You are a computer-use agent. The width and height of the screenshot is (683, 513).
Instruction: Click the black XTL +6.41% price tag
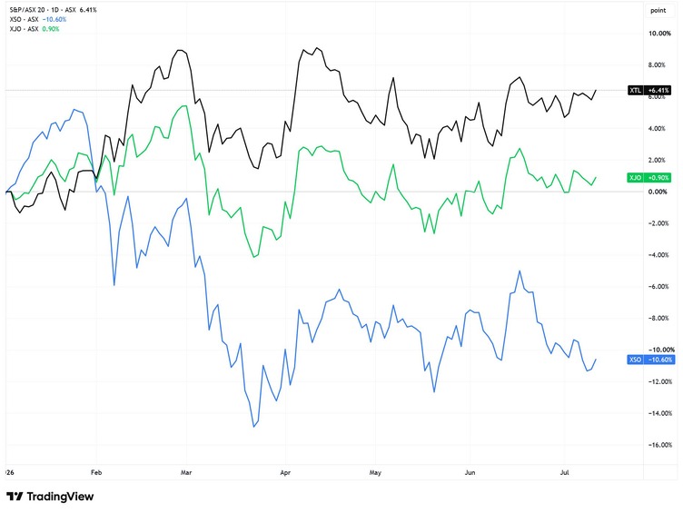coord(649,90)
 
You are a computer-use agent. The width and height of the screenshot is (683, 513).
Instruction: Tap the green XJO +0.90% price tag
coord(649,178)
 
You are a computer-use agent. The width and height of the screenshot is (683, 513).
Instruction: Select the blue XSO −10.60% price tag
coord(649,360)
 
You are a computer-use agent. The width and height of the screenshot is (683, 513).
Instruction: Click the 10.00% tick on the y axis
coord(659,34)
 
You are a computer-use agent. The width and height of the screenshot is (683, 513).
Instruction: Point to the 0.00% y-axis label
coord(658,192)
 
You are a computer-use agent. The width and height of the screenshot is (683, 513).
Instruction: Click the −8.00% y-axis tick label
coord(659,319)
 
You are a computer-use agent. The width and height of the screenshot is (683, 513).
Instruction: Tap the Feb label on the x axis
coord(96,472)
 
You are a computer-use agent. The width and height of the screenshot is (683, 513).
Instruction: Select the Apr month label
coord(285,472)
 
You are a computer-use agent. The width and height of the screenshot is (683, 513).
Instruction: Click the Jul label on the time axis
coord(565,472)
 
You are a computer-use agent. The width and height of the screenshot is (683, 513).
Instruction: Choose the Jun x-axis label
coord(470,472)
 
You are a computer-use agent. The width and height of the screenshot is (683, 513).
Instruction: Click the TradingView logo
coord(50,497)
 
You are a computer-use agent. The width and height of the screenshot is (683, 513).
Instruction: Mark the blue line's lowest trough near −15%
coord(254,427)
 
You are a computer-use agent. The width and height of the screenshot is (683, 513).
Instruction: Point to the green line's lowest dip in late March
coord(254,257)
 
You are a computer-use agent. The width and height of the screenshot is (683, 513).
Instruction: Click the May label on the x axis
coord(375,472)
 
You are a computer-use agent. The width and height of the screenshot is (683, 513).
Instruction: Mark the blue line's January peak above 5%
coord(74,109)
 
